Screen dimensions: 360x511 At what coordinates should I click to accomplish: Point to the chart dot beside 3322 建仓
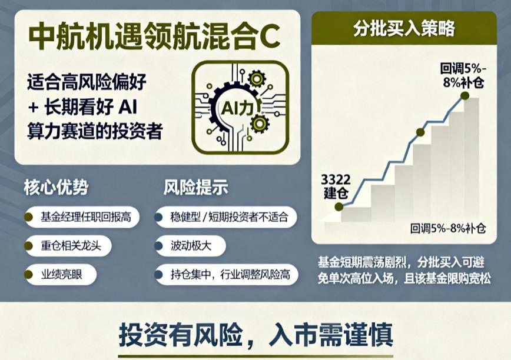[x=339, y=206]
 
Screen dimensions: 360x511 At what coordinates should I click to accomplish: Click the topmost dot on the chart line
[x=464, y=95]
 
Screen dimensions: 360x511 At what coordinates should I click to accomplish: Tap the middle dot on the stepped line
[x=420, y=132]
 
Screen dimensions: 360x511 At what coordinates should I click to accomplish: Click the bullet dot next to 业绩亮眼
[x=28, y=274]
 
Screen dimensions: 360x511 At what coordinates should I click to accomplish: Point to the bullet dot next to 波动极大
[x=158, y=245]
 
